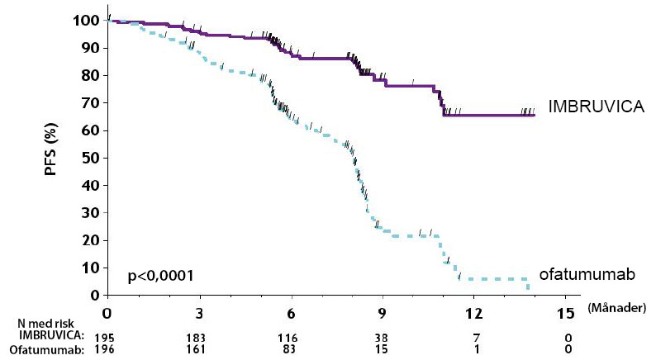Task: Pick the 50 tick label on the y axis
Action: pos(93,158)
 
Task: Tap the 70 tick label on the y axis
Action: pos(93,103)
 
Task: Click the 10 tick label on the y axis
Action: pos(93,268)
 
